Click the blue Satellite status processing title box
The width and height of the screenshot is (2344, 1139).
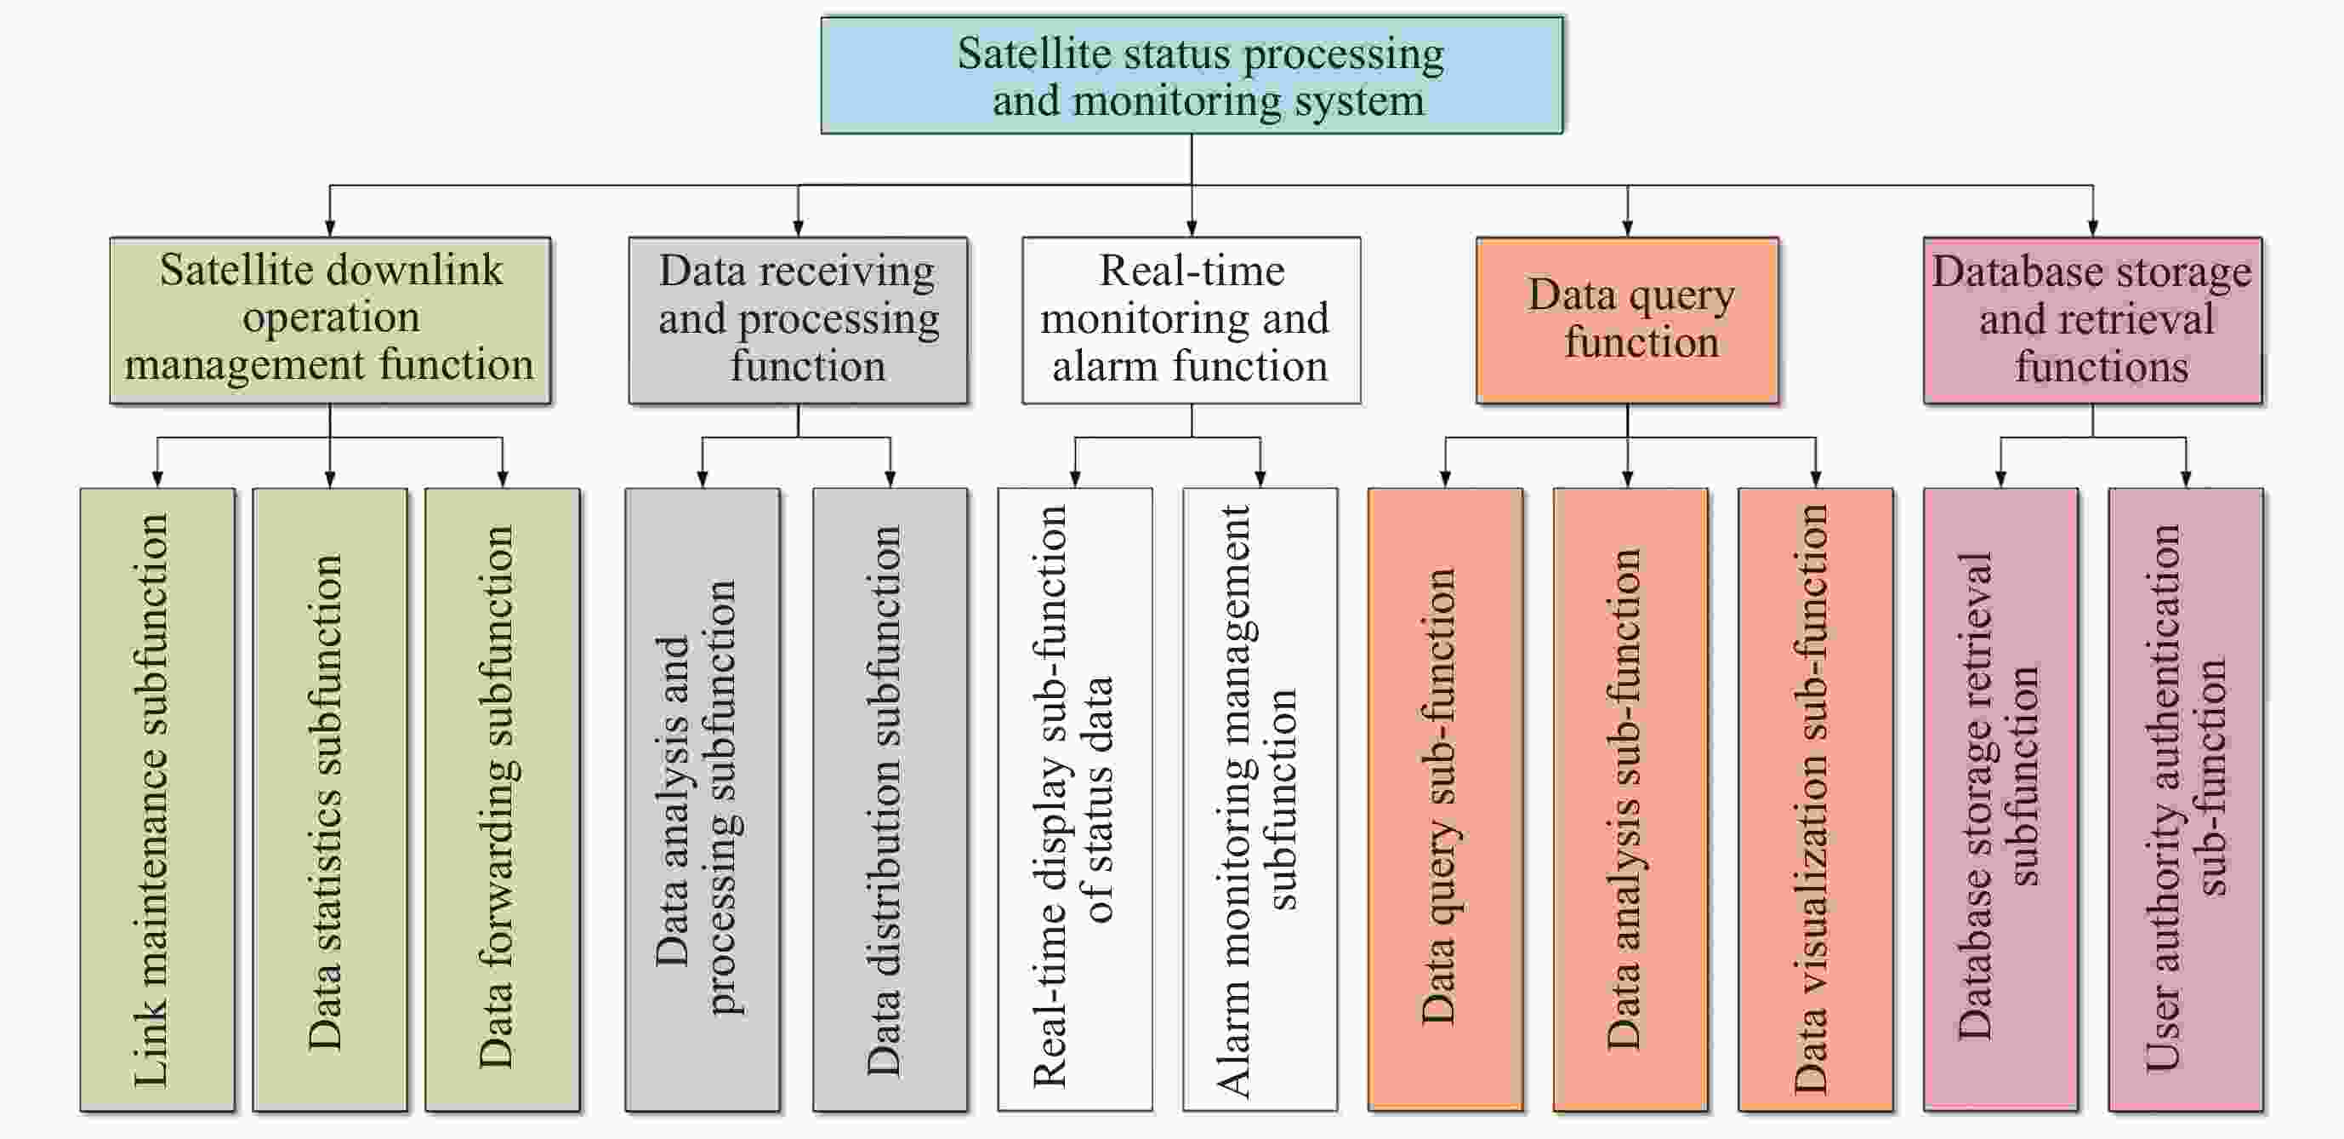pos(1192,76)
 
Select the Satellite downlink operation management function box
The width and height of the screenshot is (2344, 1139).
pos(330,320)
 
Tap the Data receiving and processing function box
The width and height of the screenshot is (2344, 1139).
pos(798,320)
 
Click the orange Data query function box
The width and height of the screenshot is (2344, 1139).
pos(1627,320)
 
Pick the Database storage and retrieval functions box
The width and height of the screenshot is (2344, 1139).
pos(2092,320)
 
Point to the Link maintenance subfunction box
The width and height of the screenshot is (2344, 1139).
pos(157,799)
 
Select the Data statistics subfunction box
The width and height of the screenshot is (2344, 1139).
pos(329,799)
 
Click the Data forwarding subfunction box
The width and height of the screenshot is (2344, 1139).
pos(503,799)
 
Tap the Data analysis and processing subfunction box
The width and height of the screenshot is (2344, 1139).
pos(702,799)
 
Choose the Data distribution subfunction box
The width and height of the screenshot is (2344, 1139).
pos(890,799)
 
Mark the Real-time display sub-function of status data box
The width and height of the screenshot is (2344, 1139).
pos(1075,799)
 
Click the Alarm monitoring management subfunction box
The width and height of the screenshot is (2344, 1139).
pos(1260,799)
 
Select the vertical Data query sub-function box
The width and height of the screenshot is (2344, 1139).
pos(1445,799)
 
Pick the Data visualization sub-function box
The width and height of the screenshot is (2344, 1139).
pos(1815,799)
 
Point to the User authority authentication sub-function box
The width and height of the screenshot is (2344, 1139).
pos(2186,799)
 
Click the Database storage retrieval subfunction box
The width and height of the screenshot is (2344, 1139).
pos(2000,799)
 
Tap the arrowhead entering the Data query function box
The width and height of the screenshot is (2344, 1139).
pos(1628,228)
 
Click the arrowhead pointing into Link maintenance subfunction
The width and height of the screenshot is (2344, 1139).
pos(157,479)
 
